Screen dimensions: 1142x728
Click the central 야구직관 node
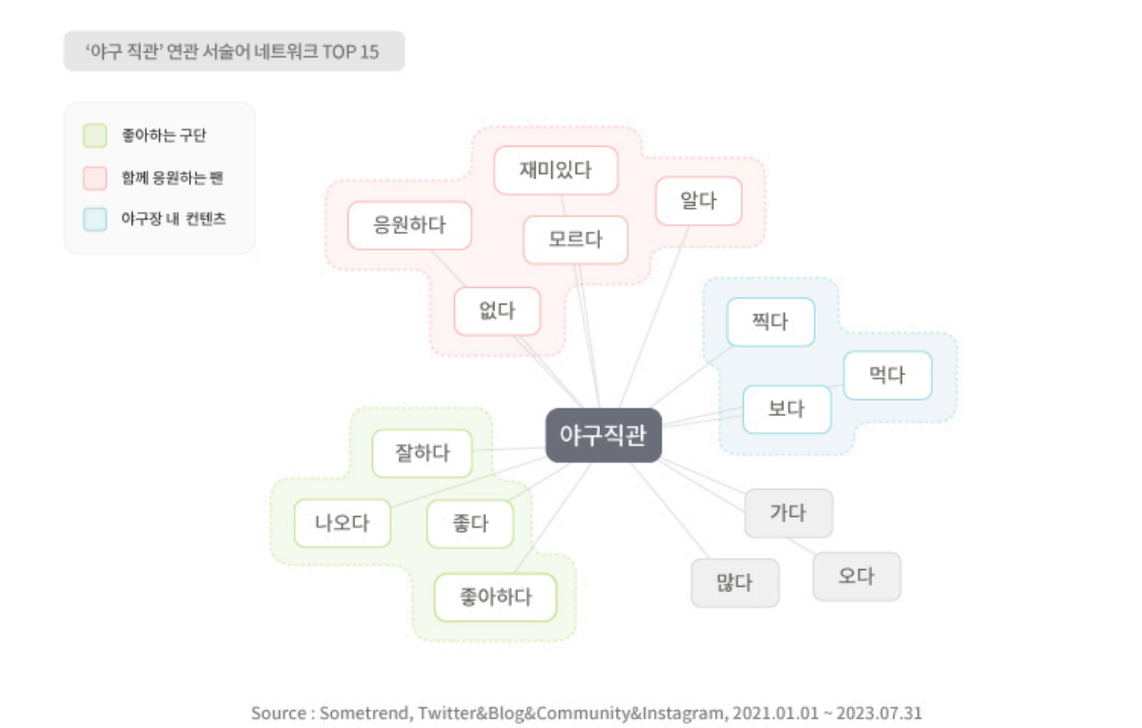coord(604,435)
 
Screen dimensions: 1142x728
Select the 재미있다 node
coord(556,170)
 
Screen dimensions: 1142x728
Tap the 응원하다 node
coord(409,225)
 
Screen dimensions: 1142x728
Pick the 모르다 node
coord(575,239)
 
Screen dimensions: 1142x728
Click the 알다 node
coord(698,200)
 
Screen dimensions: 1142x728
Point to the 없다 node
coord(497,310)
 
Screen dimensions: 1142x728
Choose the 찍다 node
coord(770,321)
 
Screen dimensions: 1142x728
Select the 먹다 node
coord(887,375)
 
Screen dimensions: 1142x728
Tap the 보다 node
coord(786,409)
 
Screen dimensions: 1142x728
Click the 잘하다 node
coord(422,453)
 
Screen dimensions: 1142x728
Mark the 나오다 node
coord(342,523)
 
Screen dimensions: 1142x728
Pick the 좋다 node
coord(470,523)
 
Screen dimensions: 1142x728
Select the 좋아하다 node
coord(495,597)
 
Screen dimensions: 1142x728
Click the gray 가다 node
coord(788,512)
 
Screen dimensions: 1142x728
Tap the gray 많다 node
coord(735,583)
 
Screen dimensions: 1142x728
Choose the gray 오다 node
coord(856,576)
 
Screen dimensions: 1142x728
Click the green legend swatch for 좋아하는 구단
coord(94,136)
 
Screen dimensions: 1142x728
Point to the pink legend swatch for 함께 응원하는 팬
coord(94,178)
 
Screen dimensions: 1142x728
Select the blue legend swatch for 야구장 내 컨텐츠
coord(94,220)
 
